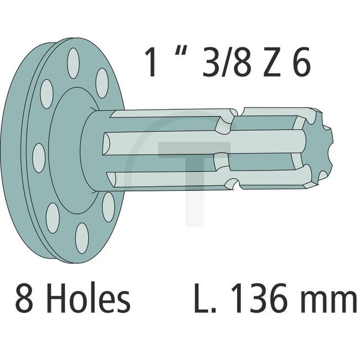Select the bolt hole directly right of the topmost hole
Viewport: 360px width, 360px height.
[102, 84]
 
